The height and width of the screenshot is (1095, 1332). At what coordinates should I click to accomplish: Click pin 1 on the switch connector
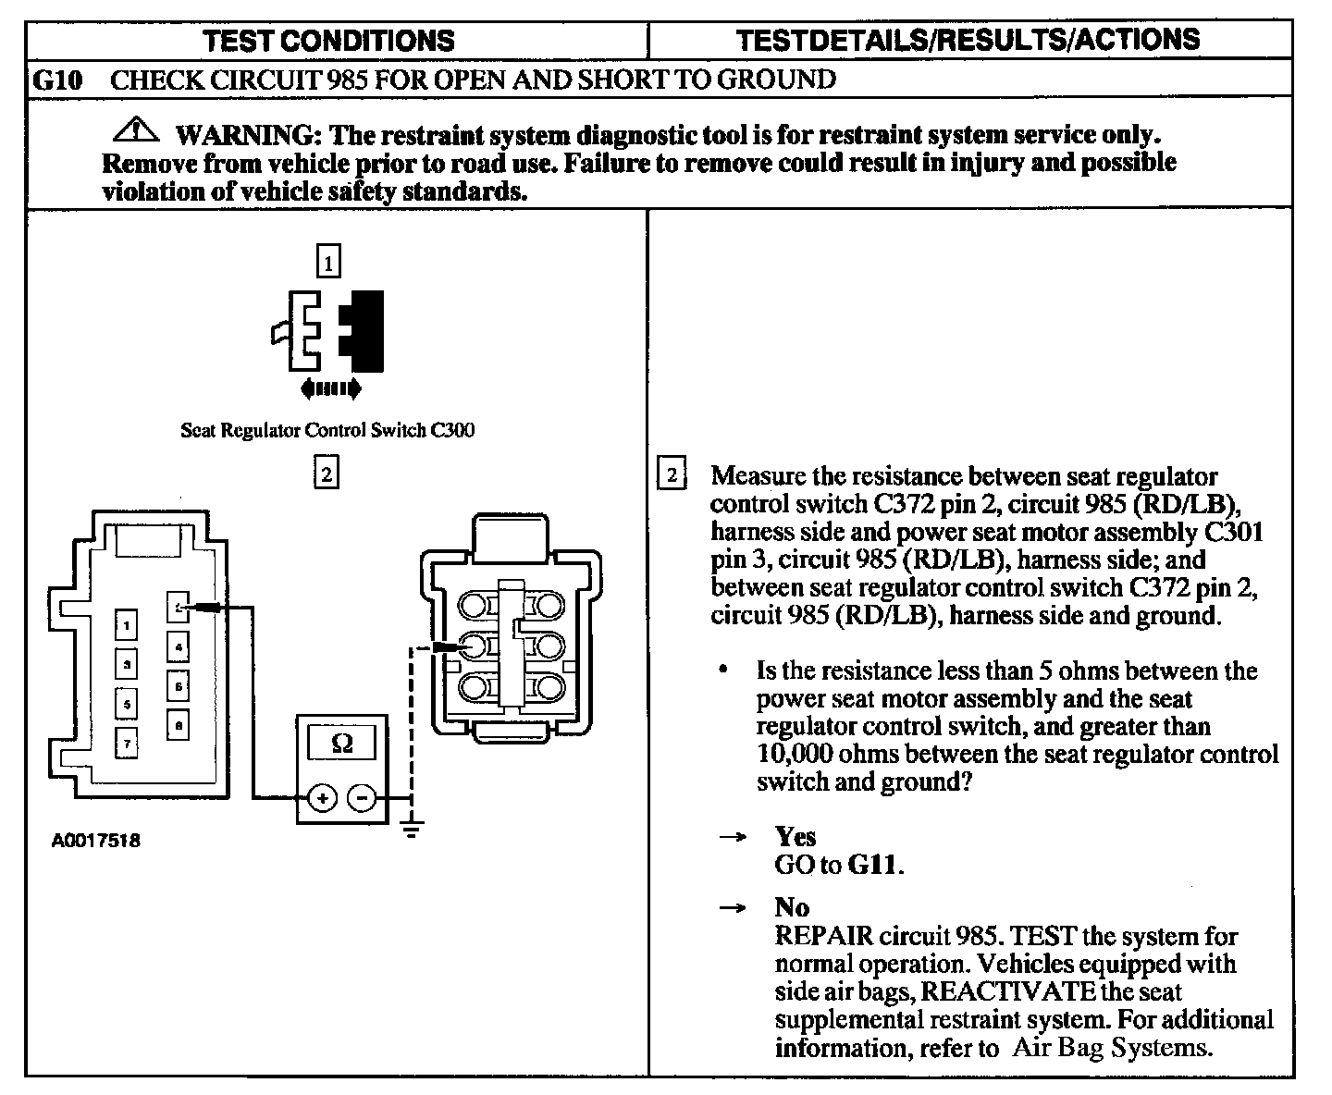pos(126,625)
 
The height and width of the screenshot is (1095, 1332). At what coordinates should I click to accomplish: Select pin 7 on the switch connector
pos(126,742)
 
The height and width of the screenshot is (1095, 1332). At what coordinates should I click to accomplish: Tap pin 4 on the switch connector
pos(179,646)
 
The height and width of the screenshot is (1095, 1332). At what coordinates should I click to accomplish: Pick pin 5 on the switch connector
pos(126,703)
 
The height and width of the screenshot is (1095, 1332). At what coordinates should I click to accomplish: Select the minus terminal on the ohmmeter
pos(363,798)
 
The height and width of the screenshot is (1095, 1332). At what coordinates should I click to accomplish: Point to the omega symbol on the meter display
pos(341,743)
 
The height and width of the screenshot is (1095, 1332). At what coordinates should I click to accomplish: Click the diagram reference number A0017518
pos(96,842)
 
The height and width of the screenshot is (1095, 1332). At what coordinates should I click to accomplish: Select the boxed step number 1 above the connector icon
pos(328,260)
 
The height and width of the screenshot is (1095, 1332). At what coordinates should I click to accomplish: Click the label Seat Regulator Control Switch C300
pos(327,430)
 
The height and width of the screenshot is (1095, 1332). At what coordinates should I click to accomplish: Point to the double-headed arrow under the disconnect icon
pos(331,389)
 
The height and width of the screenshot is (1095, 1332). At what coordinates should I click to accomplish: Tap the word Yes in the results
pos(795,837)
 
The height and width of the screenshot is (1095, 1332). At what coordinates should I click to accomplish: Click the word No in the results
pos(792,907)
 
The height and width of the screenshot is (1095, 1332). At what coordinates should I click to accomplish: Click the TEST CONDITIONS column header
pos(329,41)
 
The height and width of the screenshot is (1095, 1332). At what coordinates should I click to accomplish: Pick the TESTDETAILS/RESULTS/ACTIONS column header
pos(968,40)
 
